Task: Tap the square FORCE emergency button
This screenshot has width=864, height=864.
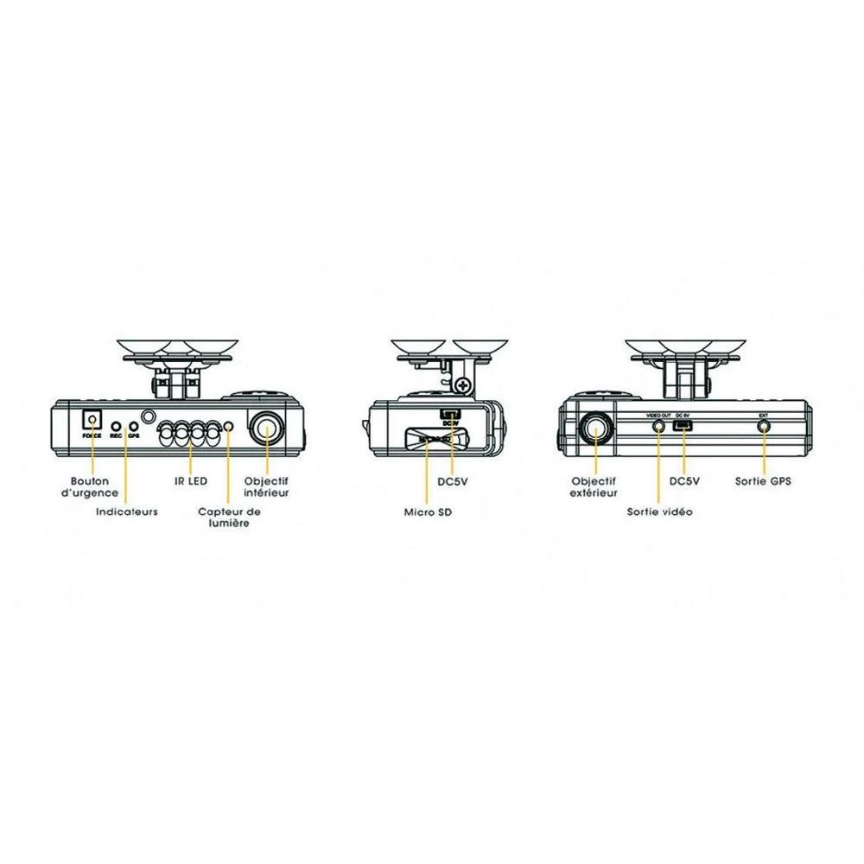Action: (x=91, y=421)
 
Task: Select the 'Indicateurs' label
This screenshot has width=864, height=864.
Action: (x=126, y=511)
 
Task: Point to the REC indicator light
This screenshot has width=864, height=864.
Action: (x=114, y=428)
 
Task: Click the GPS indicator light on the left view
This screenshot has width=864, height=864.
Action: (x=133, y=428)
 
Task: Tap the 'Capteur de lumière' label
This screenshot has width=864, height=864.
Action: (x=229, y=518)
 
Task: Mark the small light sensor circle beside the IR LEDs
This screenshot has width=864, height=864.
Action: (x=228, y=428)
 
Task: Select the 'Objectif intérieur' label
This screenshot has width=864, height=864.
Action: (x=267, y=486)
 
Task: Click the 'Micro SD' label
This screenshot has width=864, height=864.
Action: (x=428, y=511)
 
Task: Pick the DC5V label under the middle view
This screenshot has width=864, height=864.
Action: (x=453, y=480)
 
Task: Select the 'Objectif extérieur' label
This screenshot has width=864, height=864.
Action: (x=594, y=486)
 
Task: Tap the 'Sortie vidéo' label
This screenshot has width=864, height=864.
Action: (x=659, y=511)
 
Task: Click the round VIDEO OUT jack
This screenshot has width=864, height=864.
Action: (x=659, y=425)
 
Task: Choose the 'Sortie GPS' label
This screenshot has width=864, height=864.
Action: (x=763, y=480)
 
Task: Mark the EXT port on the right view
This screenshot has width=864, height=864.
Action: (x=763, y=426)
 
